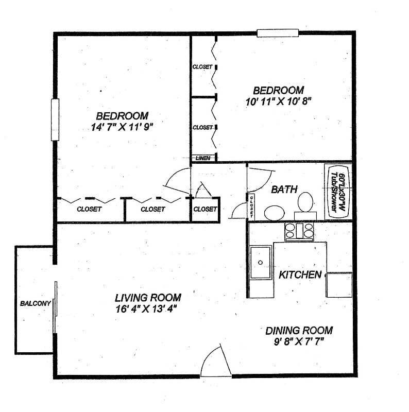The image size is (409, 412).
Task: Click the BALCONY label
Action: click(35, 303)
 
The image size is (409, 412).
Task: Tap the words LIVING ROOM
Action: click(148, 298)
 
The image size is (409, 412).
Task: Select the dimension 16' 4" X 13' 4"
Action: click(148, 309)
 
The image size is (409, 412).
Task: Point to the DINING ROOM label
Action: click(299, 331)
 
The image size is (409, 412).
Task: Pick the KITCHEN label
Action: click(300, 275)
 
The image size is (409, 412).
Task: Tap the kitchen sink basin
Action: click(261, 262)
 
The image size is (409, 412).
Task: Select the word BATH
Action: click(284, 190)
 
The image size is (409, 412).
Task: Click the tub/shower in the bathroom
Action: click(337, 192)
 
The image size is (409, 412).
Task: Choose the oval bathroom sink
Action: click(275, 213)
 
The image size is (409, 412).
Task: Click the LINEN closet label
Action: click(203, 158)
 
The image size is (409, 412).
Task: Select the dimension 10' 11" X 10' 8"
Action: click(279, 101)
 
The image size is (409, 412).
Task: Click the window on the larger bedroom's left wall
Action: click(55, 119)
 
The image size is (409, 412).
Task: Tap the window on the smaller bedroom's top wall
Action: click(278, 33)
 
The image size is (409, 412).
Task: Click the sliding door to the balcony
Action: click(55, 307)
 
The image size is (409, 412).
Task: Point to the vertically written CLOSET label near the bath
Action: click(252, 205)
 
